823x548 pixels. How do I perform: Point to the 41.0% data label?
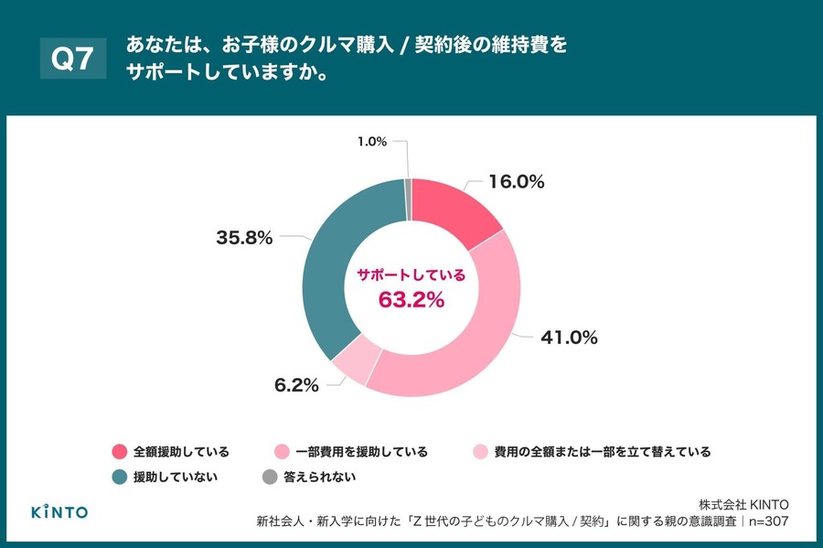[569, 337]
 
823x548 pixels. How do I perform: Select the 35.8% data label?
[242, 238]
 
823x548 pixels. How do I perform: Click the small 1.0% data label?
[372, 141]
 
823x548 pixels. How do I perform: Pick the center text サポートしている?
[411, 274]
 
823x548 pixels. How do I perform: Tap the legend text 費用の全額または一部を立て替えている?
[602, 452]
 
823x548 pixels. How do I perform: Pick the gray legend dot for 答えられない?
[269, 477]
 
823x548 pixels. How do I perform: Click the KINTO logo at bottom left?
[59, 511]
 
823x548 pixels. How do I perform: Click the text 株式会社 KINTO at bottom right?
[743, 504]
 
